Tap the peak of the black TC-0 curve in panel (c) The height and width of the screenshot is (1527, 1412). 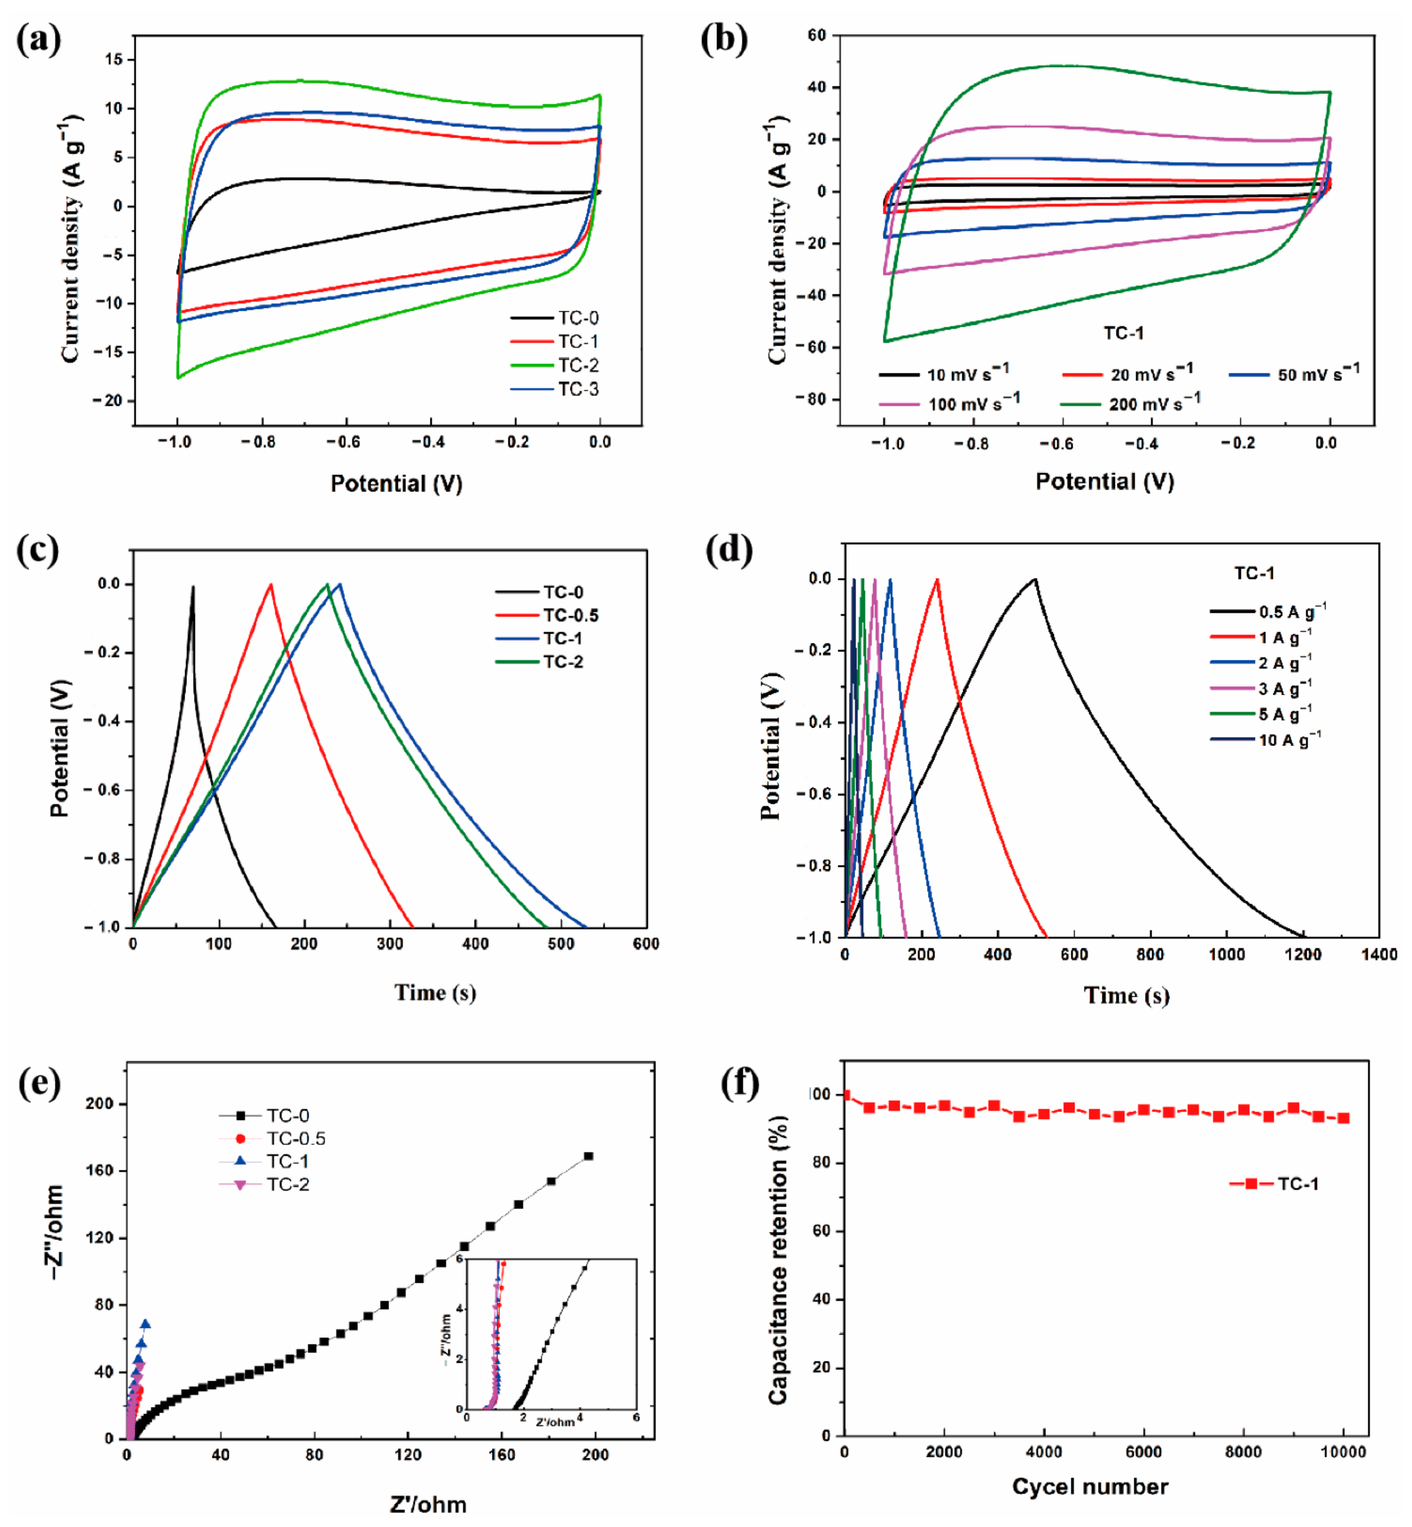click(193, 587)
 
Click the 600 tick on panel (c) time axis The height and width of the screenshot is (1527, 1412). click(646, 944)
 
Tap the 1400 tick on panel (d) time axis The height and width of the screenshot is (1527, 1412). click(1379, 955)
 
